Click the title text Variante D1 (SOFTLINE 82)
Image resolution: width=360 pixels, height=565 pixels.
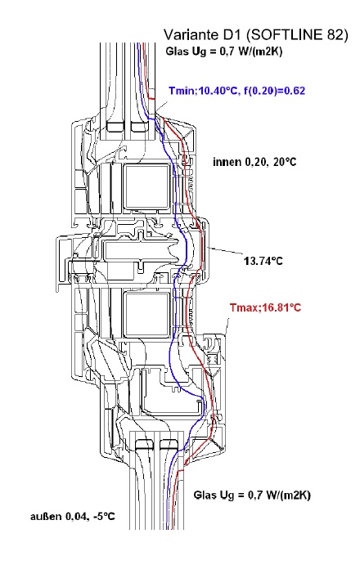[256, 35]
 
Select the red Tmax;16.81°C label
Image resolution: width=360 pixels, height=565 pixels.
[265, 307]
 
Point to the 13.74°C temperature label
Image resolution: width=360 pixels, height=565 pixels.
[263, 261]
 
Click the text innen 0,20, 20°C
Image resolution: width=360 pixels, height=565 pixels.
[254, 162]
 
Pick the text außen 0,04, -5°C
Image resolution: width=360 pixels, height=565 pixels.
[73, 517]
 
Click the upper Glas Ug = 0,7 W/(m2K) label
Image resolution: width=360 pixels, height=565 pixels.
[223, 52]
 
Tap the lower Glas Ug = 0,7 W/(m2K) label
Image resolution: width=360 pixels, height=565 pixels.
[252, 495]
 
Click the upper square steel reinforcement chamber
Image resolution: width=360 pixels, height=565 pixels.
[146, 187]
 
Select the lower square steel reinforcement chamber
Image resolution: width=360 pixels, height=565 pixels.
[146, 316]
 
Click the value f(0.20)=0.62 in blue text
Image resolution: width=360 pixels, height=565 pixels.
[274, 91]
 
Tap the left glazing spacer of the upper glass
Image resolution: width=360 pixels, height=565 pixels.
[115, 127]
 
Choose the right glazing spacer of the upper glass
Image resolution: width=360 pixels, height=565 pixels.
[139, 127]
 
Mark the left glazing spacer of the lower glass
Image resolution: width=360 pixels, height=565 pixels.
[145, 444]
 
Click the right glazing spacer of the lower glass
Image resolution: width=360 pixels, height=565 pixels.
[169, 444]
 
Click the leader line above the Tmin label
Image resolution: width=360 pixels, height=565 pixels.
[161, 108]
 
